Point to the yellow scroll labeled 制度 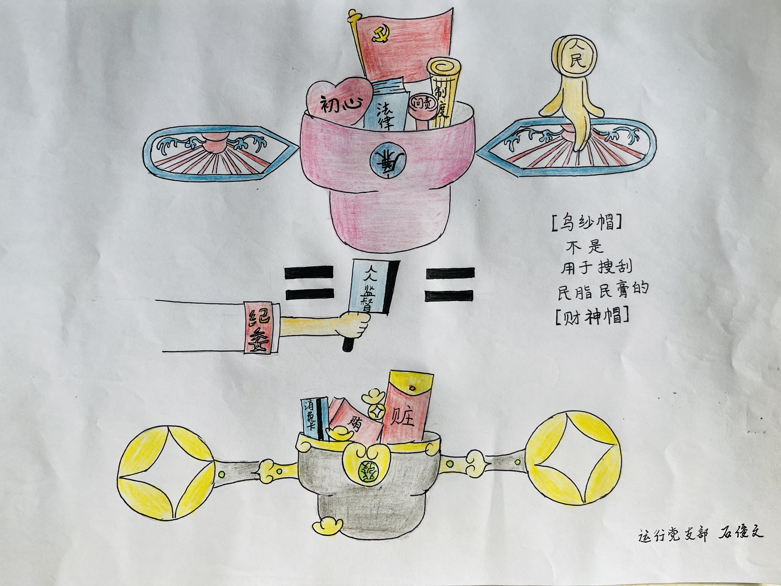click(442, 95)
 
